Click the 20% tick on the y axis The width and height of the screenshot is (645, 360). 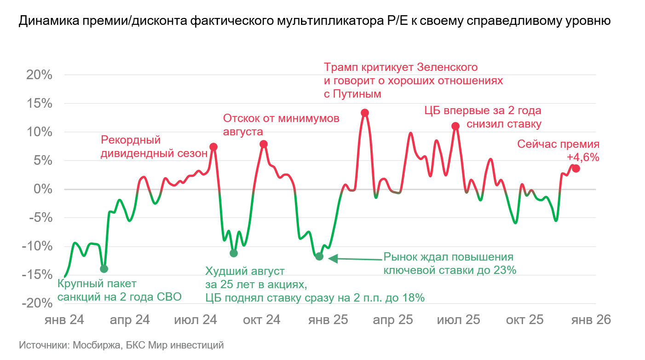(38, 75)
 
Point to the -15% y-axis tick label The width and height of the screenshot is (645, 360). (37, 275)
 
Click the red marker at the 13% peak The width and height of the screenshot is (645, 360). (365, 113)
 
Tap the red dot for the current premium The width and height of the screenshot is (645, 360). (576, 168)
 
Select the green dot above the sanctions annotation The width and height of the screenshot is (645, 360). (104, 269)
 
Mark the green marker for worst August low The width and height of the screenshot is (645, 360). (234, 253)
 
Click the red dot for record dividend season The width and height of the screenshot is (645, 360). (213, 147)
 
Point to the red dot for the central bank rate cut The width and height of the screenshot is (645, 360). (455, 126)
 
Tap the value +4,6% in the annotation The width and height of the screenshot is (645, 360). (583, 157)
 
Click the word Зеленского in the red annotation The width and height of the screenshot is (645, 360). (447, 67)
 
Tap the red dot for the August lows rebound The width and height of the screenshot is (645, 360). (264, 144)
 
